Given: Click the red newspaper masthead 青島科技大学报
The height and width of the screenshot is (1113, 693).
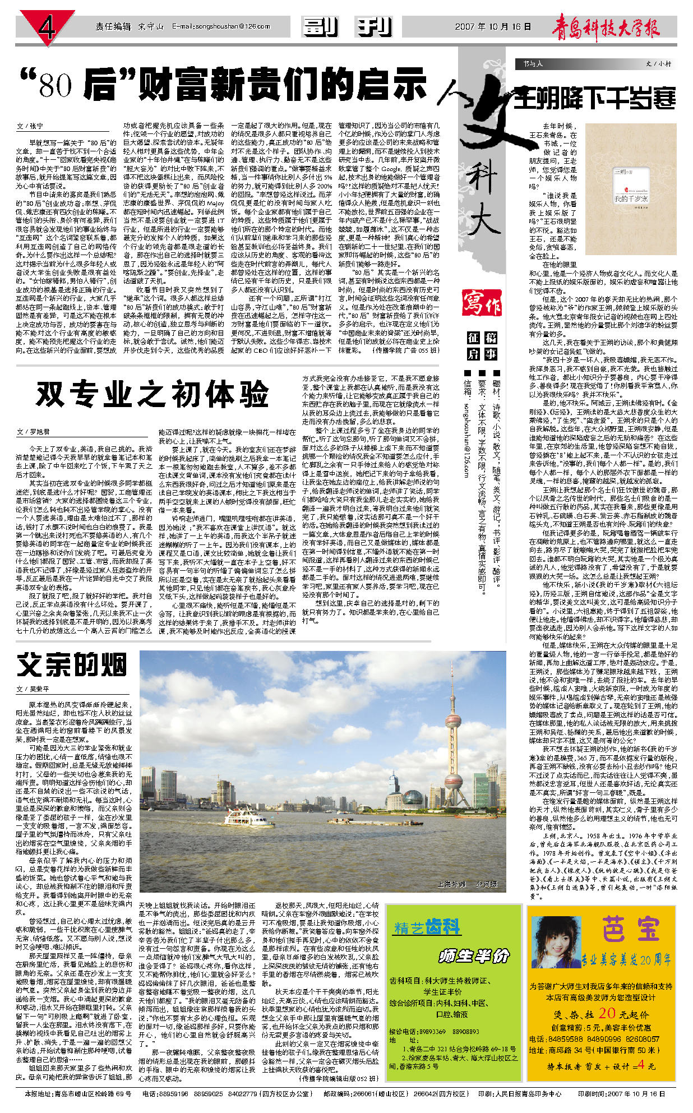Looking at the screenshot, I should (x=606, y=27).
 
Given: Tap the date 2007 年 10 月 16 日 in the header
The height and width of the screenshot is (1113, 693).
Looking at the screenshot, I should (x=492, y=26).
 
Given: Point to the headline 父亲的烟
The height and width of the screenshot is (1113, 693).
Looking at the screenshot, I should (x=72, y=666).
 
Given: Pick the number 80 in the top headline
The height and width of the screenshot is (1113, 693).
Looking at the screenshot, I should (x=56, y=85).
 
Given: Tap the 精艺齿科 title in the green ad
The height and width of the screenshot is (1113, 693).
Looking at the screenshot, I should (x=427, y=928).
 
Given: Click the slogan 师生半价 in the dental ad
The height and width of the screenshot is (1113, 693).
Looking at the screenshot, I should (x=474, y=957).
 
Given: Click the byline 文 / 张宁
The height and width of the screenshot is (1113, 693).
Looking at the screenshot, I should (x=30, y=126).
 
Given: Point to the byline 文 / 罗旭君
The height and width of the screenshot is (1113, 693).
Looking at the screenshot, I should (x=33, y=432).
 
